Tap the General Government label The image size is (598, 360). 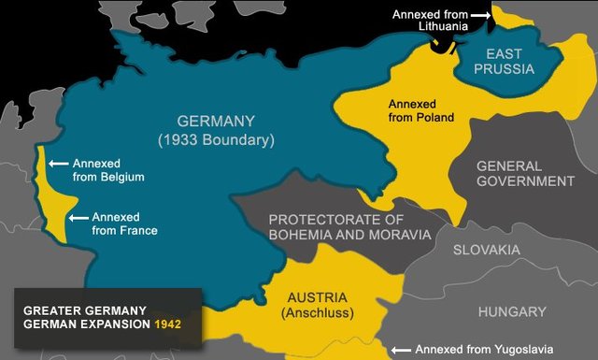pos(525,173)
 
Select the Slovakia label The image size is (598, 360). pos(486,251)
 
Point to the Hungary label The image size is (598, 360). pos(511,311)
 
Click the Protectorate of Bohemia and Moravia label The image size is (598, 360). pos(349,227)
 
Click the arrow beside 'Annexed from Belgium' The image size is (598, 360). pos(58,163)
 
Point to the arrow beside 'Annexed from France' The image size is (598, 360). pos(78,217)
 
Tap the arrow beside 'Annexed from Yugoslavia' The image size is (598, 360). pos(401,350)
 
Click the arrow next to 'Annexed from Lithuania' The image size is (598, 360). pos(479,15)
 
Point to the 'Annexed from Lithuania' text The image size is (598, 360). pos(427,22)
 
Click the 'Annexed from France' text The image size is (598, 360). pos(125,223)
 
